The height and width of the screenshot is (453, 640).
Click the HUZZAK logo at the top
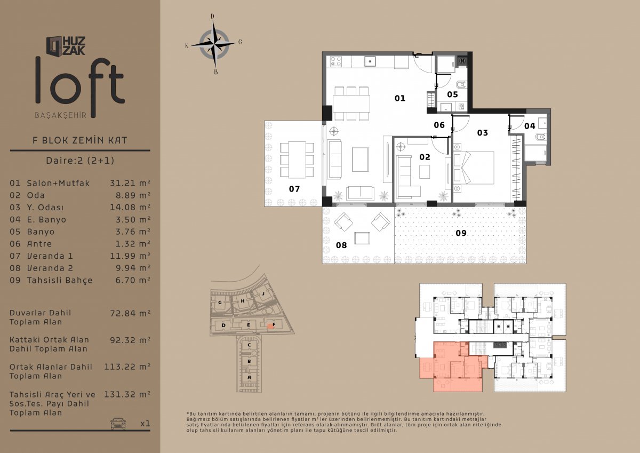pos(66,46)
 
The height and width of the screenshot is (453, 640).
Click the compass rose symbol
pos(214,45)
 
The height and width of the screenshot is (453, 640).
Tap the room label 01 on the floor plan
pos(399,98)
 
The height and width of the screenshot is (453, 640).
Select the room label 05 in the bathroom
pos(452,94)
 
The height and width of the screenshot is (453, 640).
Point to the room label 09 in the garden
pos(461,233)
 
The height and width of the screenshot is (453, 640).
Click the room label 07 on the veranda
pos(294,189)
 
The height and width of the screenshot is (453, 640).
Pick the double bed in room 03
pos(474,167)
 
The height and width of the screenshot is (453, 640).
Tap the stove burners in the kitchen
pos(335,61)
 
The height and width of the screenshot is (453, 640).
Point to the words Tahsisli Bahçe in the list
pos(60,280)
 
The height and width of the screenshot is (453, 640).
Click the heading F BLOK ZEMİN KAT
pos(79,140)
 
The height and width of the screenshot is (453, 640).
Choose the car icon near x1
pos(118,424)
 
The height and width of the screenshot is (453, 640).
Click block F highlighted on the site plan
pos(270,326)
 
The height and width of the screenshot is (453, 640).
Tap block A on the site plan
pos(249,377)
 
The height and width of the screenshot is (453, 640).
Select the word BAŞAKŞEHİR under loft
pos(61,115)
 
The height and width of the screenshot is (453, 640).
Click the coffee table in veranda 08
pos(362,238)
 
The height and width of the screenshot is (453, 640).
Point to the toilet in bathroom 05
pos(462,85)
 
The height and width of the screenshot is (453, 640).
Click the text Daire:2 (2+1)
pos(80,160)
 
